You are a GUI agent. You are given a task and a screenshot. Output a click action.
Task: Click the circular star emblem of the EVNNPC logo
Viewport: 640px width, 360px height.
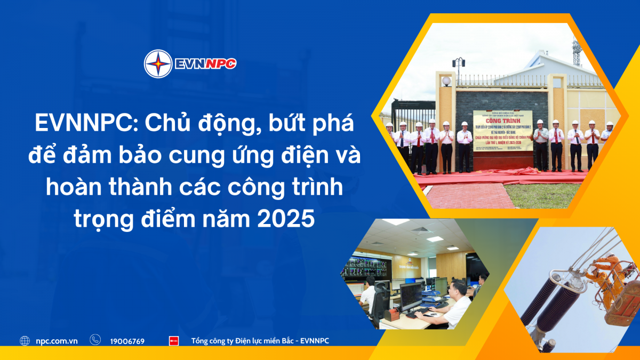pyautogui.click(x=158, y=64)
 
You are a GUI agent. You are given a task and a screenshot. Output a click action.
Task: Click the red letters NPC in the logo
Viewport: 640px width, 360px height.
pyautogui.click(x=219, y=64)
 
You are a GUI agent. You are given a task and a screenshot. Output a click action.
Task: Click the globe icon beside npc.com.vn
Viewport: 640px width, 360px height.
pyautogui.click(x=25, y=341)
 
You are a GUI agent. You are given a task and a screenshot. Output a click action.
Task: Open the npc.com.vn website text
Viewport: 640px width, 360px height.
pyautogui.click(x=57, y=341)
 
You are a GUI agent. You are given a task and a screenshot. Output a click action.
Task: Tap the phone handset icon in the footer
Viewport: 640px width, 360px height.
pyautogui.click(x=95, y=340)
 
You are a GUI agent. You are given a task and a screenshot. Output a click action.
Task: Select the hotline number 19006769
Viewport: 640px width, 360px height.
pyautogui.click(x=127, y=341)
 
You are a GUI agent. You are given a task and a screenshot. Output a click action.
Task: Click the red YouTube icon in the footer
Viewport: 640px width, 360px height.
pyautogui.click(x=173, y=341)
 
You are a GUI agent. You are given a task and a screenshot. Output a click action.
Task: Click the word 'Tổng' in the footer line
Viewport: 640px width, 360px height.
pyautogui.click(x=202, y=341)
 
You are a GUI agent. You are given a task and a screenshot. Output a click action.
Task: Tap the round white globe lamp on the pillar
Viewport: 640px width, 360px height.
pyautogui.click(x=446, y=81)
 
